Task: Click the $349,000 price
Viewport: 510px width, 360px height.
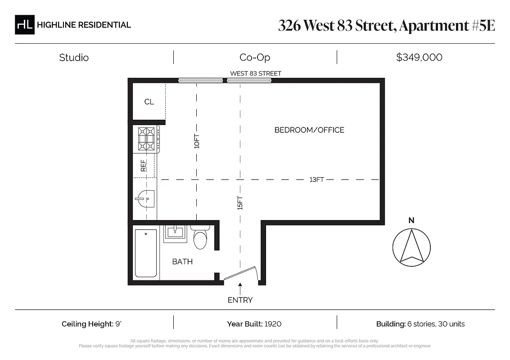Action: tap(419, 58)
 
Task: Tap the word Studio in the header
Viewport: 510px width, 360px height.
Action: tap(74, 58)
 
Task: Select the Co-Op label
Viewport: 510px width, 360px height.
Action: tap(255, 58)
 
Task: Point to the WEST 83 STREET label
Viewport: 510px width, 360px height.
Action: tap(256, 73)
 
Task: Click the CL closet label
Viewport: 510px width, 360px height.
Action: tap(149, 102)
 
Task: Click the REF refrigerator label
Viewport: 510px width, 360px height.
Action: tap(144, 166)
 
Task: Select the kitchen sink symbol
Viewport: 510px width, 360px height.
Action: tap(145, 198)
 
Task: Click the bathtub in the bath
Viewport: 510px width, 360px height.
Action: tap(146, 253)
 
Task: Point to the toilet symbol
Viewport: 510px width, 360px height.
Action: tap(200, 238)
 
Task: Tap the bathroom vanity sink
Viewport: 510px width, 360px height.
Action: tap(175, 233)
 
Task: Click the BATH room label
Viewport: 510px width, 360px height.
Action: tap(182, 261)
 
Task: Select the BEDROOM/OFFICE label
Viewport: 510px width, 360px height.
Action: tap(309, 130)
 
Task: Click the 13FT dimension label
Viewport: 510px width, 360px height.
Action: tap(316, 180)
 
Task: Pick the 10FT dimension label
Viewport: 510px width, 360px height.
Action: tap(196, 142)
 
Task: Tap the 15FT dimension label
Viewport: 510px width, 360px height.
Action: tap(240, 203)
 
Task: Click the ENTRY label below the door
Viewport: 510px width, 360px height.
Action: tap(240, 300)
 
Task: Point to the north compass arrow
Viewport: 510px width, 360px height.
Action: tap(411, 246)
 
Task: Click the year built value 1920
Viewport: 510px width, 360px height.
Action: tap(273, 324)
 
